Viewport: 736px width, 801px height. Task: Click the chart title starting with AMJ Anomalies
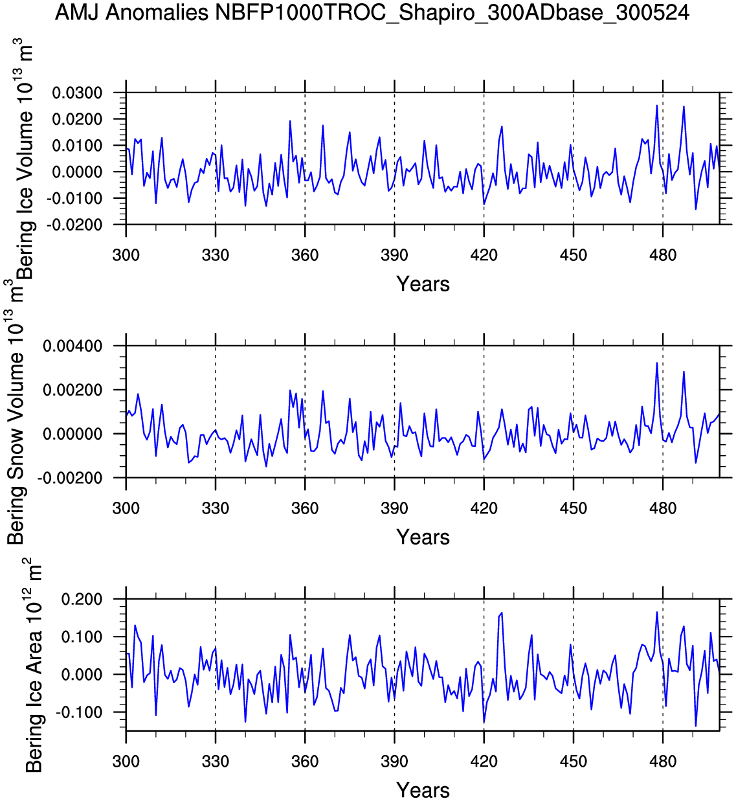point(372,12)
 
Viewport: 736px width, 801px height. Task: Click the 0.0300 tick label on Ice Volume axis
point(78,93)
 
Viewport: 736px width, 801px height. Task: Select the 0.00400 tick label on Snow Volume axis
point(73,346)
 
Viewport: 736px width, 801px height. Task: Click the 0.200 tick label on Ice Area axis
point(82,600)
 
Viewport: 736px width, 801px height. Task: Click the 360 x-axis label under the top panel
point(305,255)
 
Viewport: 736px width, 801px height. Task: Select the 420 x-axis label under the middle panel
point(484,508)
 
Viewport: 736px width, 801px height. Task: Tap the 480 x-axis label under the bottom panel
point(663,762)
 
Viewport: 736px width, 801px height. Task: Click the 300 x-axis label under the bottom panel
point(126,762)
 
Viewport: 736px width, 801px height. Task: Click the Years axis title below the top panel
point(423,284)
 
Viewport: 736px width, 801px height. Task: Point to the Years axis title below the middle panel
point(423,537)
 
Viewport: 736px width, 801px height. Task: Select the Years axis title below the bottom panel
point(423,791)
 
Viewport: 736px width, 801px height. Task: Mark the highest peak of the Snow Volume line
point(657,363)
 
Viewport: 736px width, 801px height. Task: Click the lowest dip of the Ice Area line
point(696,727)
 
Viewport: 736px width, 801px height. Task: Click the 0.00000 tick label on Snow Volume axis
point(73,434)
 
